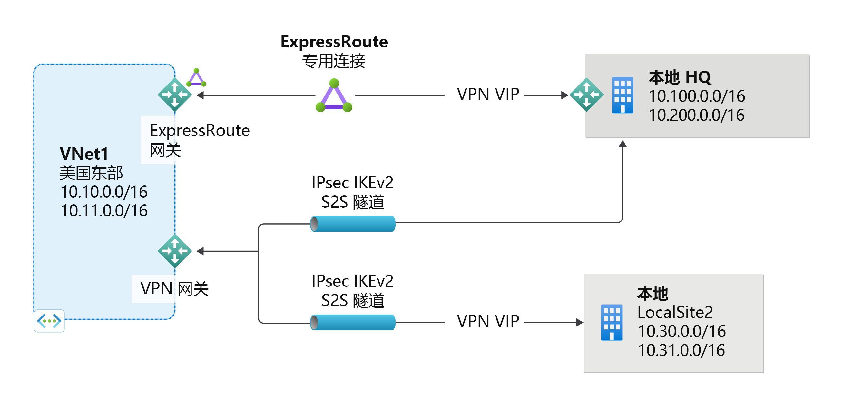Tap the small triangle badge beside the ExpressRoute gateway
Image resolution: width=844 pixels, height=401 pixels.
(x=196, y=78)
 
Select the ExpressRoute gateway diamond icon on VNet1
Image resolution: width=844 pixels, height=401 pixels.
(x=175, y=95)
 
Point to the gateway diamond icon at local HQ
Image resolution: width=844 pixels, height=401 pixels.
(x=586, y=95)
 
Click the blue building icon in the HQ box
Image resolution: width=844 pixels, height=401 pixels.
(x=623, y=95)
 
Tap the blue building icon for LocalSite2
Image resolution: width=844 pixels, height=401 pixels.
(x=611, y=323)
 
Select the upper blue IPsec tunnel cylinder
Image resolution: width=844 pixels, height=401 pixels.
(x=353, y=224)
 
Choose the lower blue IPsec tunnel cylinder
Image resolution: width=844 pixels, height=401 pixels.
(x=353, y=323)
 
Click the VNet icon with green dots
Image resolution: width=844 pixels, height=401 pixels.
(x=49, y=321)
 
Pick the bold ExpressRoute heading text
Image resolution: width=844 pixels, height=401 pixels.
(x=334, y=42)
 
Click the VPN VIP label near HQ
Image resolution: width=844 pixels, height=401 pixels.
(x=488, y=95)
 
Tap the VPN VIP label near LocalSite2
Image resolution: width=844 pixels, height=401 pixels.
(x=488, y=322)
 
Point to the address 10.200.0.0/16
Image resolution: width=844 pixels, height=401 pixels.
(x=697, y=115)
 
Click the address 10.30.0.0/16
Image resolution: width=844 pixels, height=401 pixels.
(x=682, y=331)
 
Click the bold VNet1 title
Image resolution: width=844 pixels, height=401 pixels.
(x=84, y=154)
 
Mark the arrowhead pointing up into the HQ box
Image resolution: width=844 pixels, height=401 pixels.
(x=623, y=144)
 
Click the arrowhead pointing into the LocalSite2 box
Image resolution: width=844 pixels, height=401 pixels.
(x=579, y=323)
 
